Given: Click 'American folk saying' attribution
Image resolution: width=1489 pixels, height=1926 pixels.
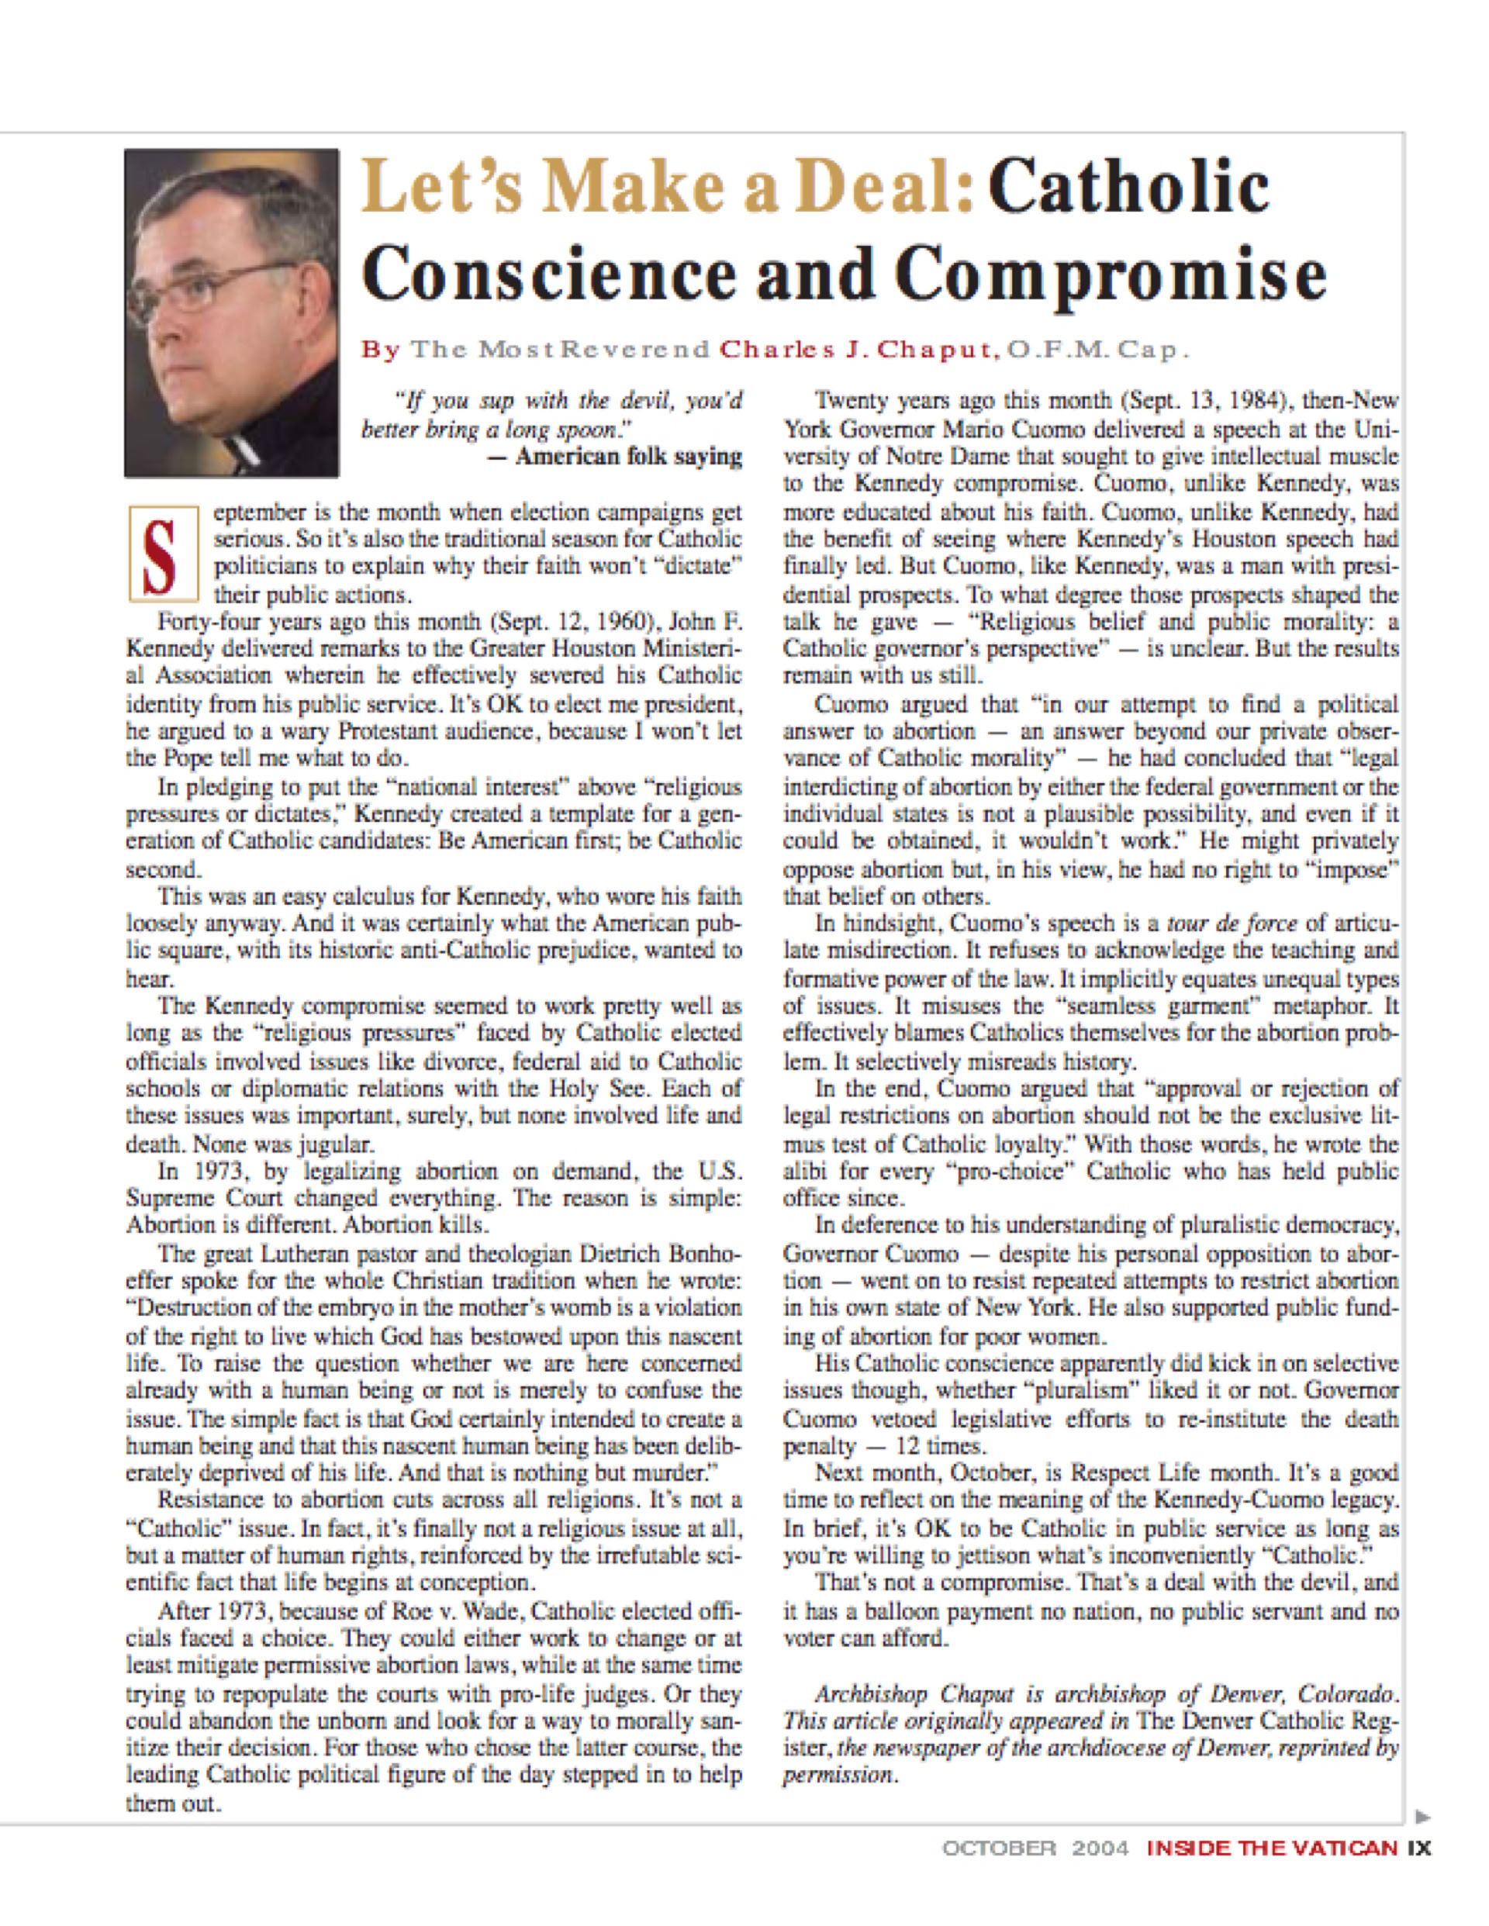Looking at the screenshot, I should [627, 457].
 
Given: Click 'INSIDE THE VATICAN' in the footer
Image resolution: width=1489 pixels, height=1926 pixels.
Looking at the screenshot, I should [1272, 1848].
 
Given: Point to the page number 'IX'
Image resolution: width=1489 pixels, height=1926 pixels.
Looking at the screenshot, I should [1419, 1848].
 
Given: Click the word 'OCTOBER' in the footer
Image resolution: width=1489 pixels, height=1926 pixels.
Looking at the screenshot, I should [999, 1848].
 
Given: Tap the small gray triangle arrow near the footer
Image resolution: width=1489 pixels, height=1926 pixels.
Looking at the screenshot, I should [1422, 1817].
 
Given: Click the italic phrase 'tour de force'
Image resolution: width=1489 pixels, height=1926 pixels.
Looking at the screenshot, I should [1232, 923].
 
